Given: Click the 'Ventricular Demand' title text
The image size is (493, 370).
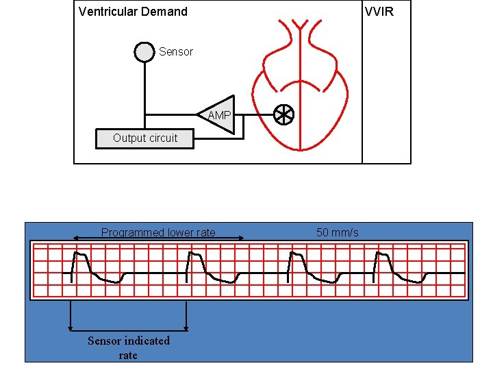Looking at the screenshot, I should (133, 12).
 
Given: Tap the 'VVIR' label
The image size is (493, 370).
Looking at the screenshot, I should (379, 12).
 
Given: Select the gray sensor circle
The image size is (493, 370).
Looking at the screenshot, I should (144, 52).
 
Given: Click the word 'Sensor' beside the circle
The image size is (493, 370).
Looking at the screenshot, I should (176, 52).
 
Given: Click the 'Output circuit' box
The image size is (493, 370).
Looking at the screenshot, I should (145, 138).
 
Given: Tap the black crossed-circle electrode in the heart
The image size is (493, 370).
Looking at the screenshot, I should (283, 115).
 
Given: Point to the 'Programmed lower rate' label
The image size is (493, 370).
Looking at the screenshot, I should (158, 232).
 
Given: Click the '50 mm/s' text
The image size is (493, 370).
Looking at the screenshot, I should (337, 232).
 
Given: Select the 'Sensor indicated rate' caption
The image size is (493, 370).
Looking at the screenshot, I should (128, 347).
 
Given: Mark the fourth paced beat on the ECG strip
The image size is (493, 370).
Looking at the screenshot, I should (383, 264).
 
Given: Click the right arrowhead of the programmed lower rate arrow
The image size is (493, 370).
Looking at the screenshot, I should (242, 238).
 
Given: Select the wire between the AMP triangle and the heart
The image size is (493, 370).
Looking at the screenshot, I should (254, 115).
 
